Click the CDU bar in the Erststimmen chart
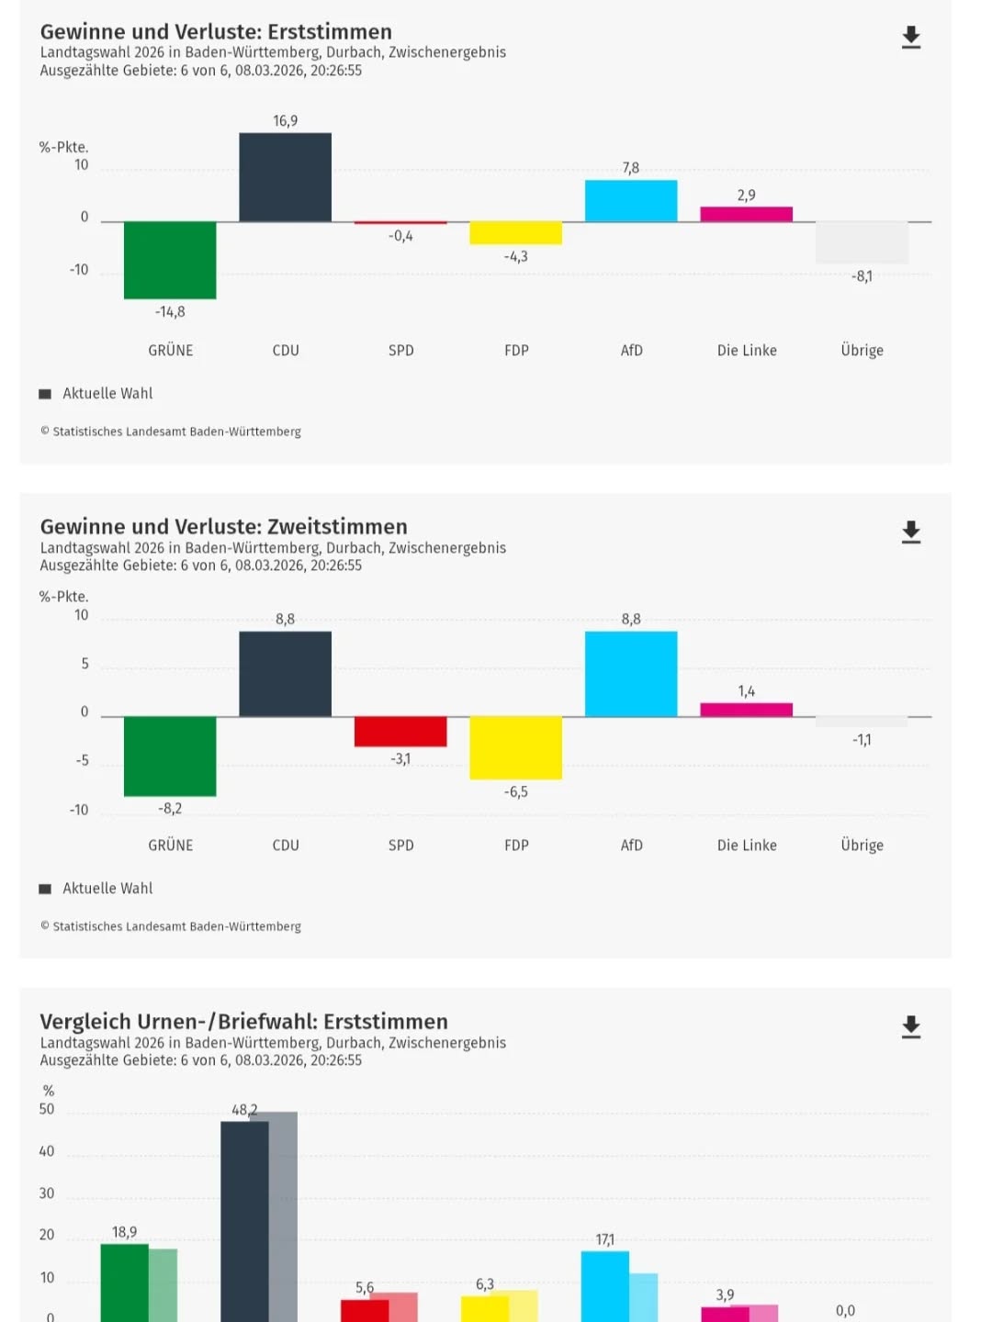[285, 177]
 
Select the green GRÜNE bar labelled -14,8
[170, 260]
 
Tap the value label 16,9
[285, 121]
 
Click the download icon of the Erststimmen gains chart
[910, 38]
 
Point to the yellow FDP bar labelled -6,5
[515, 747]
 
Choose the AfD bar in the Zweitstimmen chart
[631, 674]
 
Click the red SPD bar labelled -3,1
[400, 732]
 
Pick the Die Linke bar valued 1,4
[746, 710]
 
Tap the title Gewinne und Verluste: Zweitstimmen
[223, 527]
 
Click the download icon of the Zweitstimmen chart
[910, 532]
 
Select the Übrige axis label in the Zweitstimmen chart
[862, 846]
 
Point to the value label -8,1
[862, 276]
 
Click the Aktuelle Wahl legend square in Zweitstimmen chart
[45, 889]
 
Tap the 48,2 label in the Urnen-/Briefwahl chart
[244, 1110]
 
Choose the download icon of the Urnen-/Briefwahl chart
[910, 1027]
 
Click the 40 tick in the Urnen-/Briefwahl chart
[47, 1151]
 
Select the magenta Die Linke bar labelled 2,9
[746, 214]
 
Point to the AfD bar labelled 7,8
[631, 201]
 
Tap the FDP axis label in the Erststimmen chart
[516, 351]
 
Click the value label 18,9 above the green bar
[125, 1232]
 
